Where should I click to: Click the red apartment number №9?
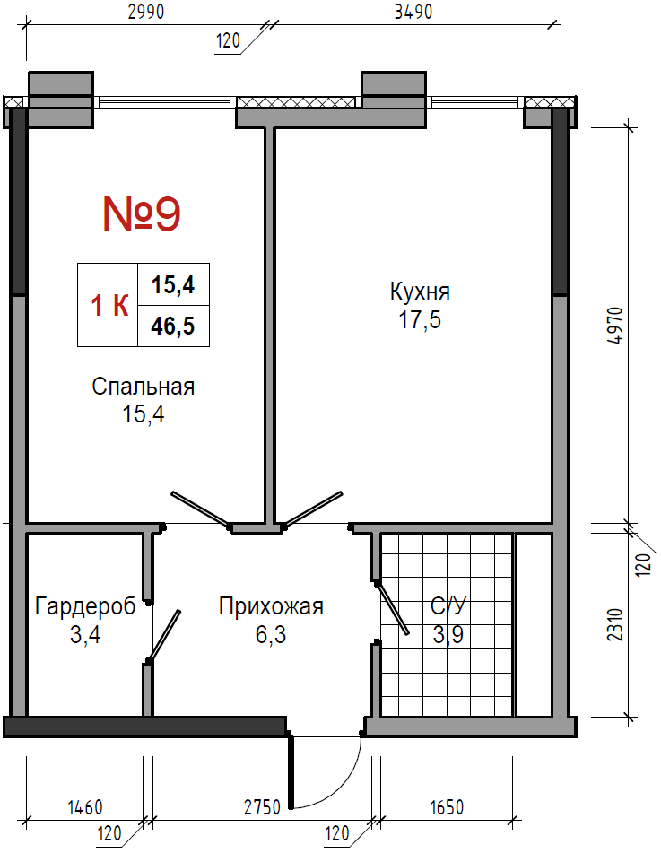click(142, 213)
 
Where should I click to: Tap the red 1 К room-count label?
click(109, 305)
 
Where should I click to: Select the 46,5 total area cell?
click(173, 326)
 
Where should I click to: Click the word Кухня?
click(420, 292)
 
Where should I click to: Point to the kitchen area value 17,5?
click(420, 320)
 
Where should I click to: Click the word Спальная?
click(144, 387)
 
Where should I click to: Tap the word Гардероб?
click(85, 606)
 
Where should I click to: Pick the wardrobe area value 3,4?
click(85, 635)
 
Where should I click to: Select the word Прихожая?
click(271, 606)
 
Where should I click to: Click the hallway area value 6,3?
click(271, 635)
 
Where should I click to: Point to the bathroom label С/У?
click(448, 606)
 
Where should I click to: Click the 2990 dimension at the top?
click(146, 12)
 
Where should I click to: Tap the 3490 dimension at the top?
click(413, 12)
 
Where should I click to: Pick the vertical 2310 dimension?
click(615, 624)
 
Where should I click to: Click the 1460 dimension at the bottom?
click(85, 807)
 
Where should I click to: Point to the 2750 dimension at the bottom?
click(262, 807)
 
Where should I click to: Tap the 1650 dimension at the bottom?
click(447, 807)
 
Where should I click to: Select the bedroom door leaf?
click(200, 509)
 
